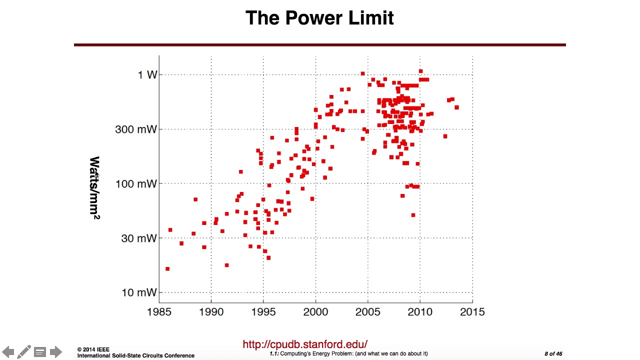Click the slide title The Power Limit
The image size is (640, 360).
[x=319, y=18]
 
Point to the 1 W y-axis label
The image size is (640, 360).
[x=147, y=75]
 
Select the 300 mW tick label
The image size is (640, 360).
[x=136, y=129]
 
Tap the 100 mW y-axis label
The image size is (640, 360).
[x=136, y=183]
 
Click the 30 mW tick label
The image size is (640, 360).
[x=139, y=238]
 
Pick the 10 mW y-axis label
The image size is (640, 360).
[x=139, y=292]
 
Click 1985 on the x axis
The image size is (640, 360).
[x=159, y=311]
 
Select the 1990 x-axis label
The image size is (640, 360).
[x=211, y=311]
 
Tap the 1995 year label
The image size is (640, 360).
[x=263, y=311]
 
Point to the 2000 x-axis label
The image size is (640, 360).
[x=315, y=311]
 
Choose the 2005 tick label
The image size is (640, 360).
[x=367, y=311]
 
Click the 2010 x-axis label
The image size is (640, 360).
[x=420, y=311]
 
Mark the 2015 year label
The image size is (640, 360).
[x=472, y=311]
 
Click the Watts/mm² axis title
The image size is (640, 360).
[x=95, y=187]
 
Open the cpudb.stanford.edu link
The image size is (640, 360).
[x=305, y=344]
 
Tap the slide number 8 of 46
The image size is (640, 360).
[x=553, y=353]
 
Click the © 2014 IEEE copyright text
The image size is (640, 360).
[x=93, y=349]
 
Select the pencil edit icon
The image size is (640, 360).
[x=24, y=351]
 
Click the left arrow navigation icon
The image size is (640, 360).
[x=8, y=351]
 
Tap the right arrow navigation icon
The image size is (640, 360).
[x=55, y=351]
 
